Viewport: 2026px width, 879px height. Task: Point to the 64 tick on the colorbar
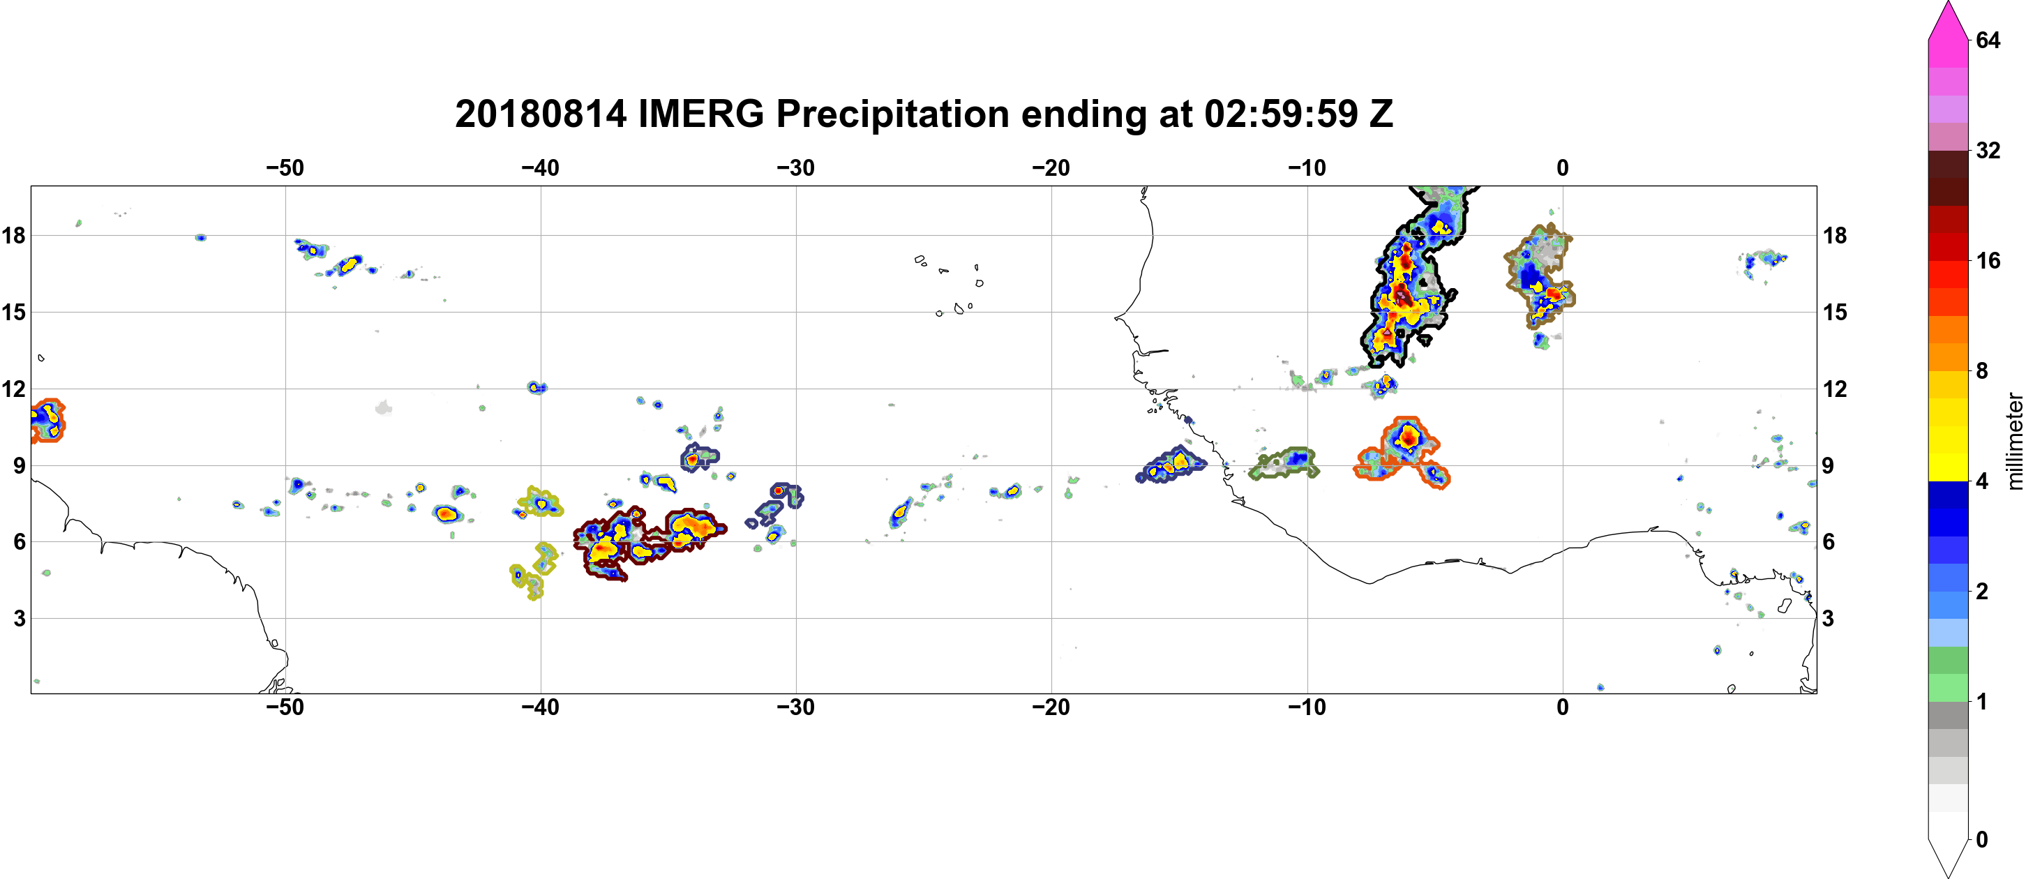point(1988,40)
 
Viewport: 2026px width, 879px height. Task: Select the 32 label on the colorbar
point(1988,150)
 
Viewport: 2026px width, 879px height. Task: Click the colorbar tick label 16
point(1988,260)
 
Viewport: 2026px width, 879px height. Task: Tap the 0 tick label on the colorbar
point(1982,840)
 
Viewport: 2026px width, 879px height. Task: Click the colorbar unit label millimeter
point(2014,442)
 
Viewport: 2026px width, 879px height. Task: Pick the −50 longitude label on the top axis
point(285,167)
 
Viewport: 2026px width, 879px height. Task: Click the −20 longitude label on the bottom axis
point(1051,707)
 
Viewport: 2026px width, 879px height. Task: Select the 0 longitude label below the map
point(1563,707)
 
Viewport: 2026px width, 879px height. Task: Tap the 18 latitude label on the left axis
point(13,235)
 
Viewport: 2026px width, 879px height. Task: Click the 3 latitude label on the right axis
point(1829,619)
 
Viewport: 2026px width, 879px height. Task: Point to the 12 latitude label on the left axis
point(13,389)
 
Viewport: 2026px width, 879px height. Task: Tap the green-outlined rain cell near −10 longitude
point(1284,464)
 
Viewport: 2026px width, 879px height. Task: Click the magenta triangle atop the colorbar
point(1948,20)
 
